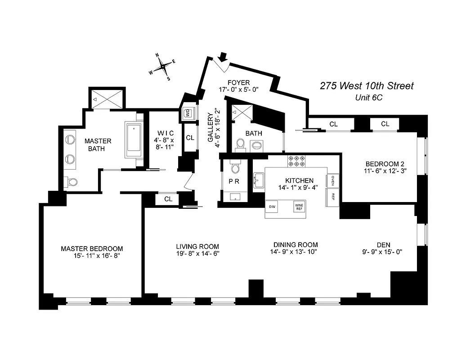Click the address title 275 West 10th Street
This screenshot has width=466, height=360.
pyautogui.click(x=367, y=85)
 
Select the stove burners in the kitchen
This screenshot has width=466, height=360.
pyautogui.click(x=296, y=161)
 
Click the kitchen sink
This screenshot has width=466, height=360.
pyautogui.click(x=259, y=180)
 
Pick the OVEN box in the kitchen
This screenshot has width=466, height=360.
pyautogui.click(x=333, y=180)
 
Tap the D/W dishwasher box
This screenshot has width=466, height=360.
pyautogui.click(x=272, y=206)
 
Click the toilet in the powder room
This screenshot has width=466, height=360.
pyautogui.click(x=235, y=168)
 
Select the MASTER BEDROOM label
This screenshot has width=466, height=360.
pyautogui.click(x=92, y=248)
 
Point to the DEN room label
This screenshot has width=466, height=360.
pyautogui.click(x=383, y=245)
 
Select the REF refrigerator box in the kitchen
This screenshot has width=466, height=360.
pyautogui.click(x=333, y=197)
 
